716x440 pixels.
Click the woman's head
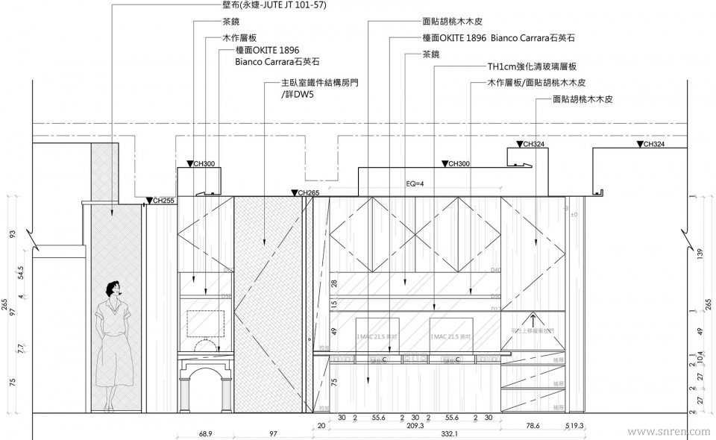point(113,289)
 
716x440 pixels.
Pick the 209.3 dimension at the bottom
point(416,426)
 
